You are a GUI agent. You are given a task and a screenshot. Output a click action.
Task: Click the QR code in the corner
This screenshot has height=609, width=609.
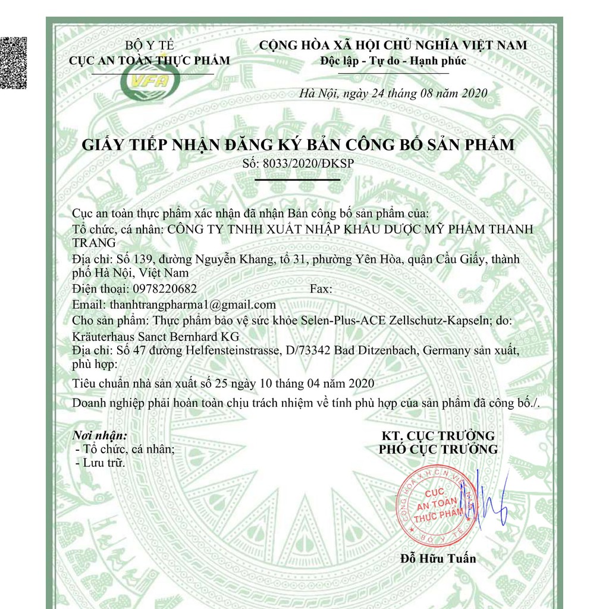(x=14, y=62)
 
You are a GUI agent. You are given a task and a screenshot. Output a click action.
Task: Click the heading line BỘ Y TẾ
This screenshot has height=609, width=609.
(x=149, y=45)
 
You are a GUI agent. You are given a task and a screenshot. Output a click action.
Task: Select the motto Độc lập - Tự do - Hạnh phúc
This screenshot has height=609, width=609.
(x=393, y=60)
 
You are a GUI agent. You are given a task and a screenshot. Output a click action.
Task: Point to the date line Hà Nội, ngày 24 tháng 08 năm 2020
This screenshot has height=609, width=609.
(x=393, y=93)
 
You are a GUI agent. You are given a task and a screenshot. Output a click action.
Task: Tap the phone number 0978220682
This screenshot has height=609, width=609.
(x=164, y=289)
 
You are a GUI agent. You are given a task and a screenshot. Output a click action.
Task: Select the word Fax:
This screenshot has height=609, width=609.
(x=321, y=289)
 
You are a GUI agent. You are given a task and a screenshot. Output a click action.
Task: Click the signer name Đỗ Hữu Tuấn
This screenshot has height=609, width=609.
(x=438, y=558)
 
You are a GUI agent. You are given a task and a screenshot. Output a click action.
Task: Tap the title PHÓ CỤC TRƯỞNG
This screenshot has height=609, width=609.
(x=438, y=449)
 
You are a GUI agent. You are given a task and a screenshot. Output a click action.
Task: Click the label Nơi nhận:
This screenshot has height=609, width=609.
(x=99, y=435)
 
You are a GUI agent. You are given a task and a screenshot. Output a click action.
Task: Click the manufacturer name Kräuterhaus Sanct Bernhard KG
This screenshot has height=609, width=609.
(x=156, y=336)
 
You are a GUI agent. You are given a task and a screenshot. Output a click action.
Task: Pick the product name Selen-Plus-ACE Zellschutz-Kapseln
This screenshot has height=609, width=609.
(x=407, y=321)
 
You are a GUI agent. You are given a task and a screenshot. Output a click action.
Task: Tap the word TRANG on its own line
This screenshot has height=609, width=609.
(x=94, y=243)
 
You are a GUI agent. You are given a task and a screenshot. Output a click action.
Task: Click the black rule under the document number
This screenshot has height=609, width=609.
(x=297, y=179)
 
